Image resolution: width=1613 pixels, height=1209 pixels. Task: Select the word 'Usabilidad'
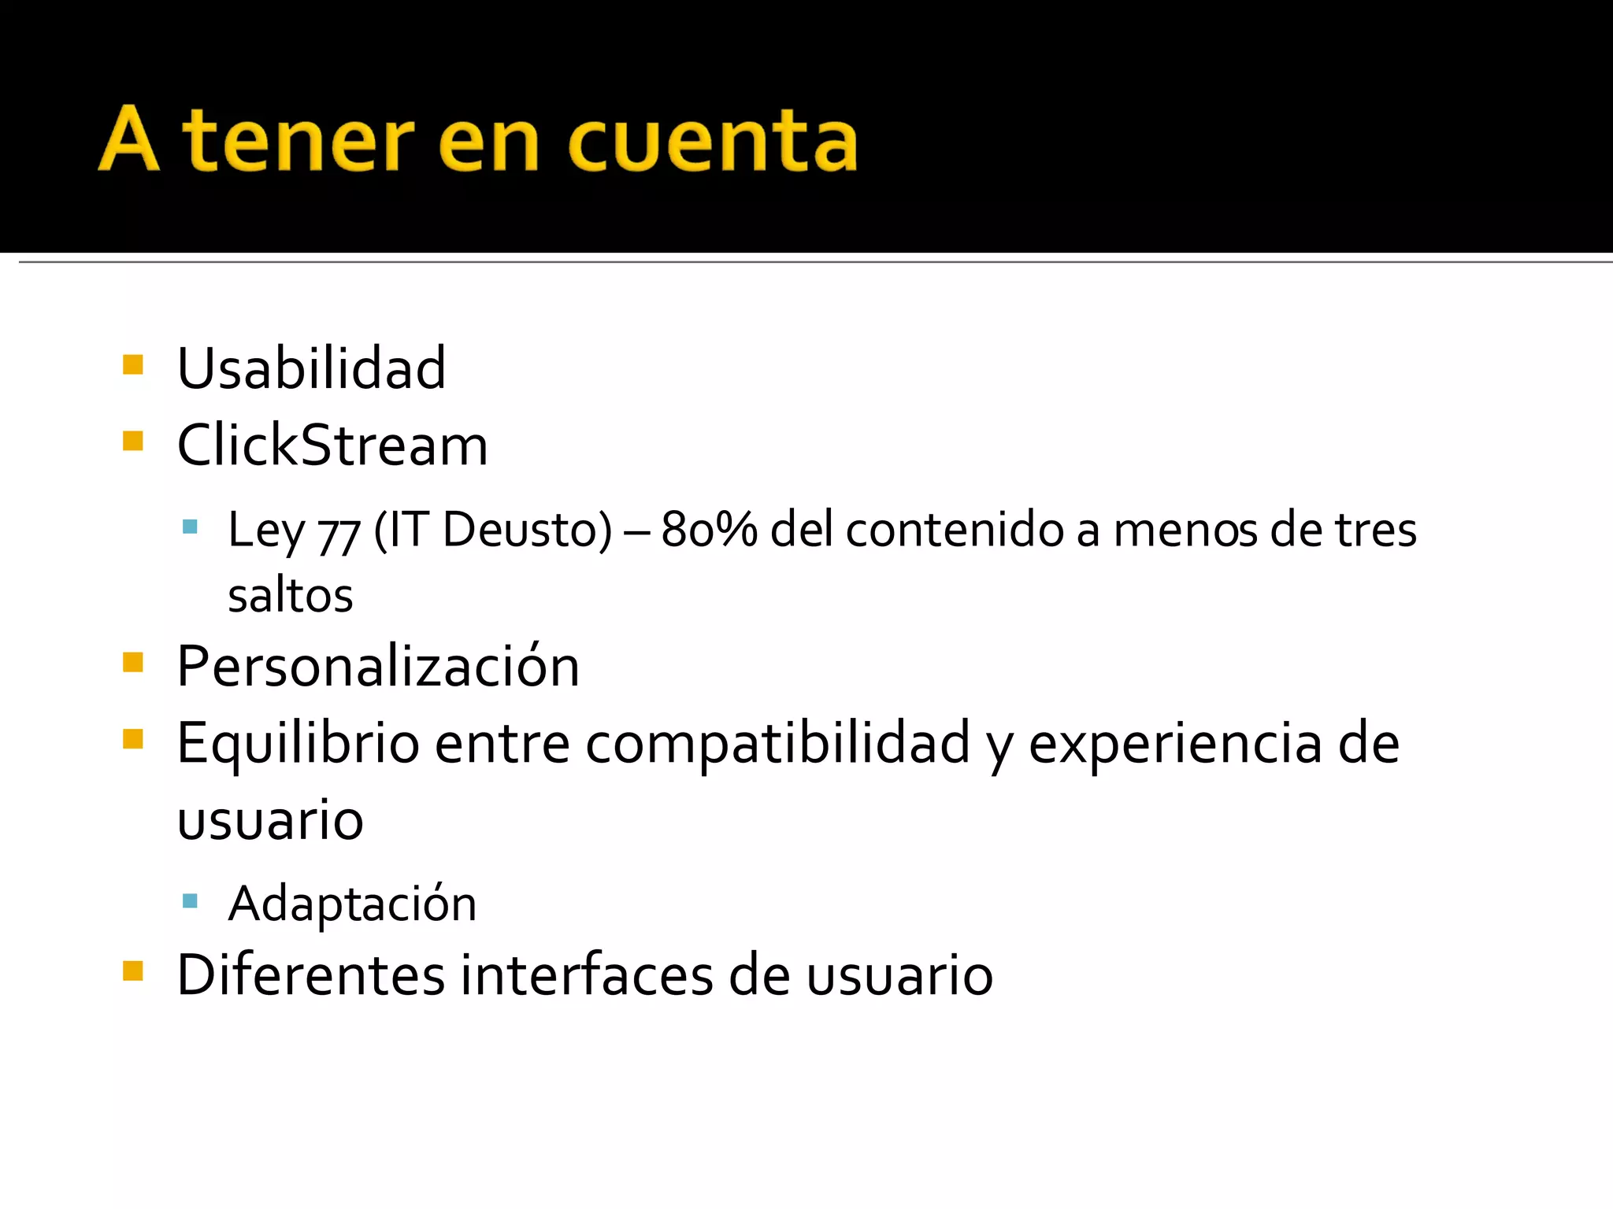coord(312,368)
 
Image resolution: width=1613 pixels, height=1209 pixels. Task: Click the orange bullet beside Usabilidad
coord(133,364)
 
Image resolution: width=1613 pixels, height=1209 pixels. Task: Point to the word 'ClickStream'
coord(332,446)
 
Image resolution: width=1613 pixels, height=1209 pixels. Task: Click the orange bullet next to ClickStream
coord(133,441)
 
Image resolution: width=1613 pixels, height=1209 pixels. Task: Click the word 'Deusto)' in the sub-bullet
coord(527,530)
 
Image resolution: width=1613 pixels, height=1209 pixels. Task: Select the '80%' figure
coord(709,530)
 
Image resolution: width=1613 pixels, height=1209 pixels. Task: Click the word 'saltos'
coord(291,596)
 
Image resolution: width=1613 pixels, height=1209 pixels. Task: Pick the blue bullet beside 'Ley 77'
coord(190,527)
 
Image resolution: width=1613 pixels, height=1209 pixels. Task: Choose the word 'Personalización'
coord(378,667)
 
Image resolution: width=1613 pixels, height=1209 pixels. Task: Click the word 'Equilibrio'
coord(298,744)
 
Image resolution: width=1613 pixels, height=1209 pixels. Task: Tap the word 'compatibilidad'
coord(777,744)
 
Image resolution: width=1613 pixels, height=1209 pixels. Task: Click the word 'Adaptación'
coord(352,903)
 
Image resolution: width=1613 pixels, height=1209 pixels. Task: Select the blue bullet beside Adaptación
coord(190,900)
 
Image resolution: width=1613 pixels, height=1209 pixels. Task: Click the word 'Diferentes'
coord(312,975)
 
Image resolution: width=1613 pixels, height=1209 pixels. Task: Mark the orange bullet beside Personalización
coord(133,662)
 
